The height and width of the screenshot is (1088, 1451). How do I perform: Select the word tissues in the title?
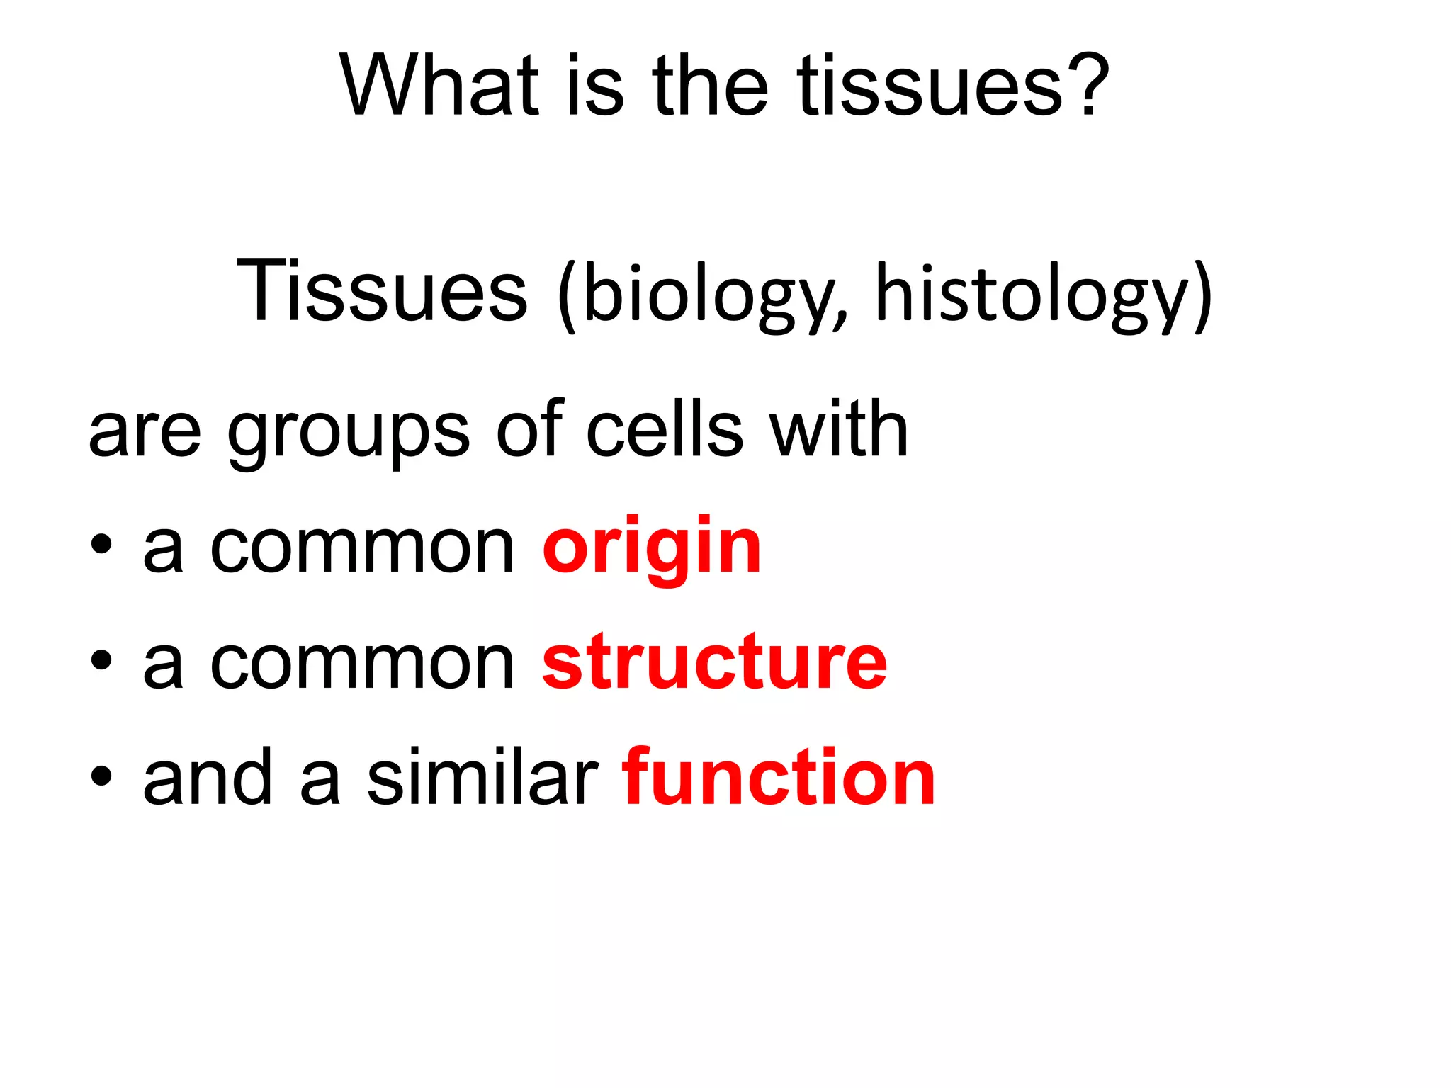(x=930, y=86)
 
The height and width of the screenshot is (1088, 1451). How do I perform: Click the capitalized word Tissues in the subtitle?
(x=382, y=292)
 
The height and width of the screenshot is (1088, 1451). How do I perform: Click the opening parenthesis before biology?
(x=567, y=296)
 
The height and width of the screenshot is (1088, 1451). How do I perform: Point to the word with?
(x=839, y=428)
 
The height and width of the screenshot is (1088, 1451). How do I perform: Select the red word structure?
(x=714, y=662)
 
